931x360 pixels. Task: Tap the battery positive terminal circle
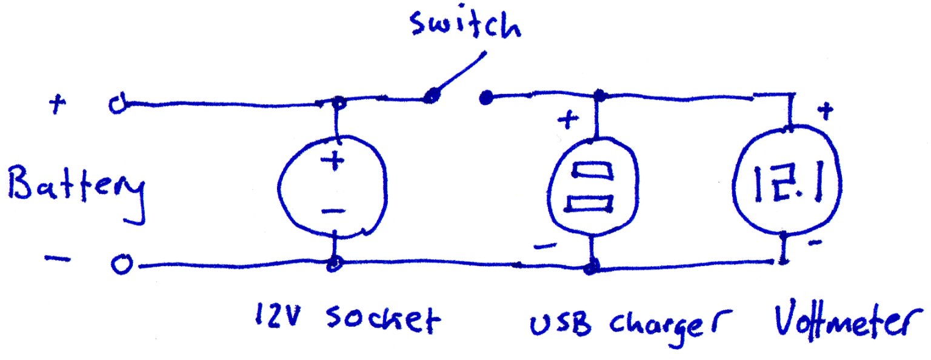pyautogui.click(x=115, y=105)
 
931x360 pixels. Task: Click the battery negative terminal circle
pyautogui.click(x=119, y=265)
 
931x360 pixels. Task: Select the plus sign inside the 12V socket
pyautogui.click(x=333, y=162)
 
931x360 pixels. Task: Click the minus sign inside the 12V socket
pyautogui.click(x=333, y=211)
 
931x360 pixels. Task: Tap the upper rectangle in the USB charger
pyautogui.click(x=593, y=169)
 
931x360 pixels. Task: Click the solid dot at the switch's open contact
pyautogui.click(x=484, y=97)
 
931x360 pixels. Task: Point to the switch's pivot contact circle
pyautogui.click(x=431, y=96)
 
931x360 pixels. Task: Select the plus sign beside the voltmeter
pyautogui.click(x=824, y=111)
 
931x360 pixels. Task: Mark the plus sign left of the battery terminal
pyautogui.click(x=58, y=104)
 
